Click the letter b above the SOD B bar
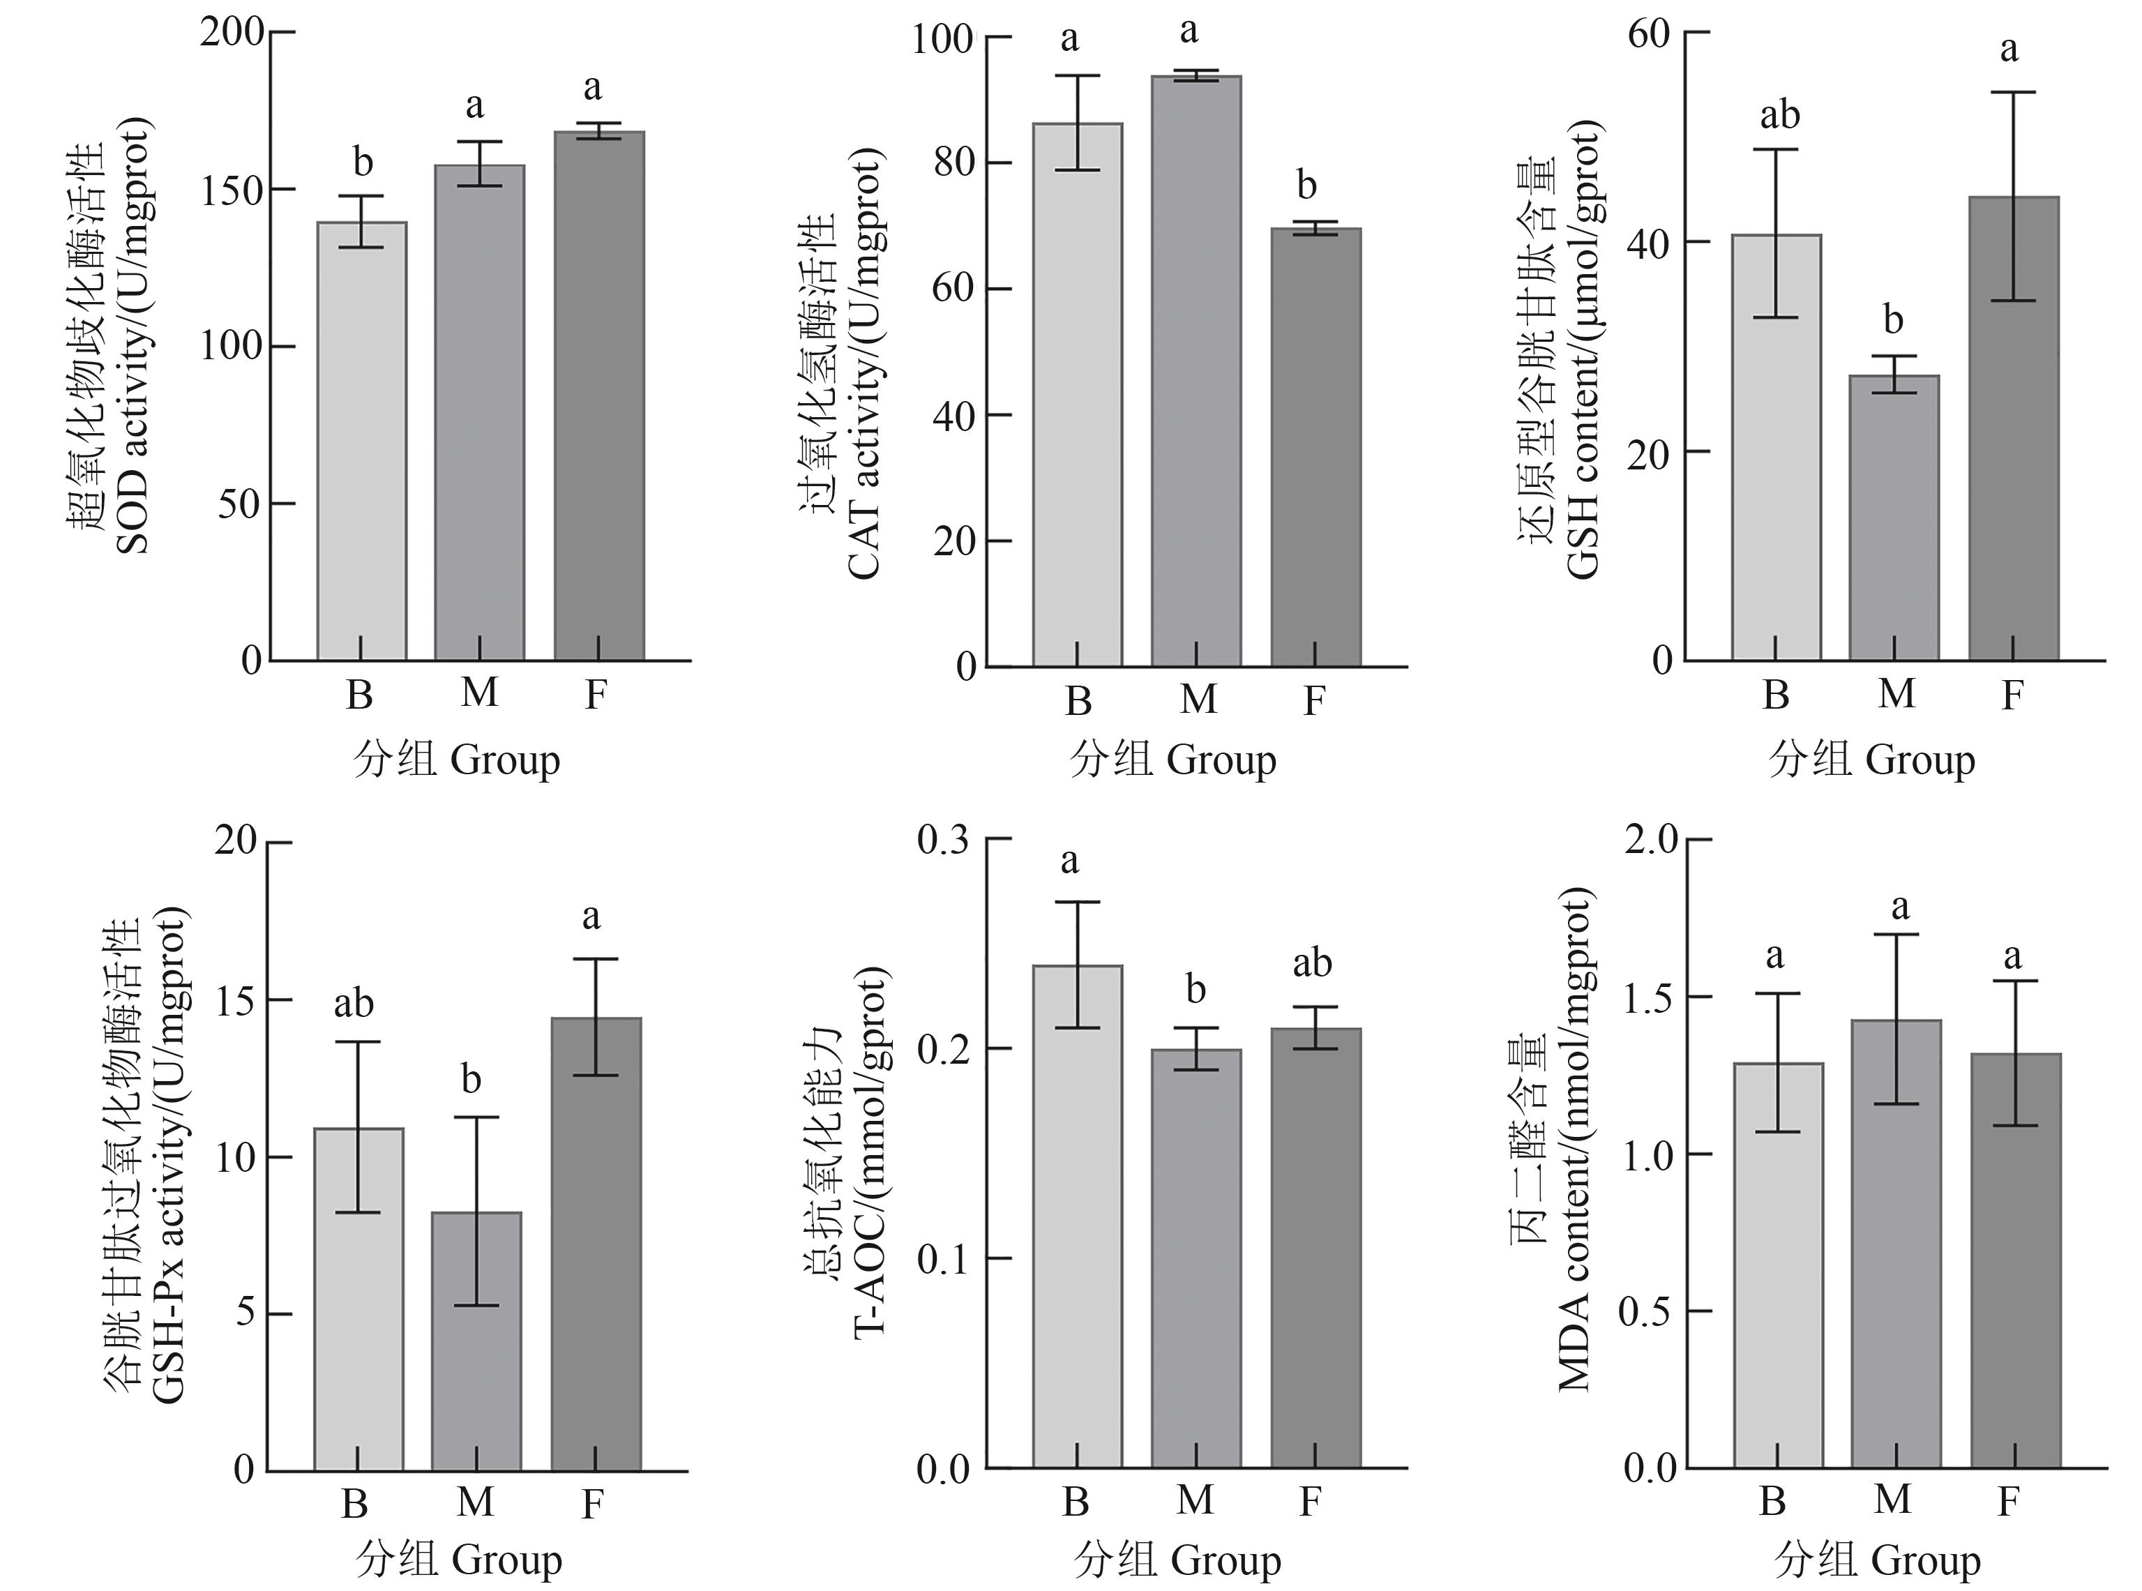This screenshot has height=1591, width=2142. [362, 163]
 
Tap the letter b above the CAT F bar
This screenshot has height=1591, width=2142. [1306, 185]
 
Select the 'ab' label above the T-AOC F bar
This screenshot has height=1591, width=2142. [1312, 963]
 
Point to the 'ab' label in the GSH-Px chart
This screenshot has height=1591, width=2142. [354, 1004]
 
